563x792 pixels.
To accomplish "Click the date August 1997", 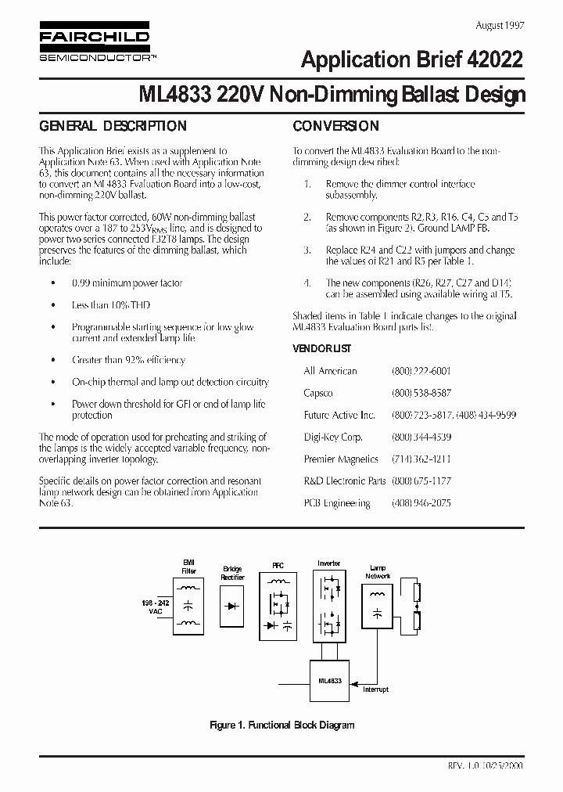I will point(500,24).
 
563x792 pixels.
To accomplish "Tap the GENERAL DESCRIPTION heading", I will point(113,126).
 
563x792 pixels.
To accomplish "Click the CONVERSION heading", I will point(335,126).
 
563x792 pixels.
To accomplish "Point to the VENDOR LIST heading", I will point(321,347).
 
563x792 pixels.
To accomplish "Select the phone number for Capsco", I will point(421,393).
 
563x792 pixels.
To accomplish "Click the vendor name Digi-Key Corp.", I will point(332,437).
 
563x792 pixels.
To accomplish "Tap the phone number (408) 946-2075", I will point(421,503).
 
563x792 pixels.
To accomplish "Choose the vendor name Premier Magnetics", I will point(341,459).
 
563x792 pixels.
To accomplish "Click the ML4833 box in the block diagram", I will point(330,682).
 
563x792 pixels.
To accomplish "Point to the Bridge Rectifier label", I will point(232,573).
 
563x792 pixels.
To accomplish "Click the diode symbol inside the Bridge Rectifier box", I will point(232,606).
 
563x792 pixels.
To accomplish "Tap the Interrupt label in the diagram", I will point(375,689).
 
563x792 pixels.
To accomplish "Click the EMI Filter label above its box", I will point(189,567).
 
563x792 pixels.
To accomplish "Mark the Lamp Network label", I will point(377,571).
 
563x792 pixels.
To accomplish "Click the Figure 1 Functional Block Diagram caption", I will point(282,725).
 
